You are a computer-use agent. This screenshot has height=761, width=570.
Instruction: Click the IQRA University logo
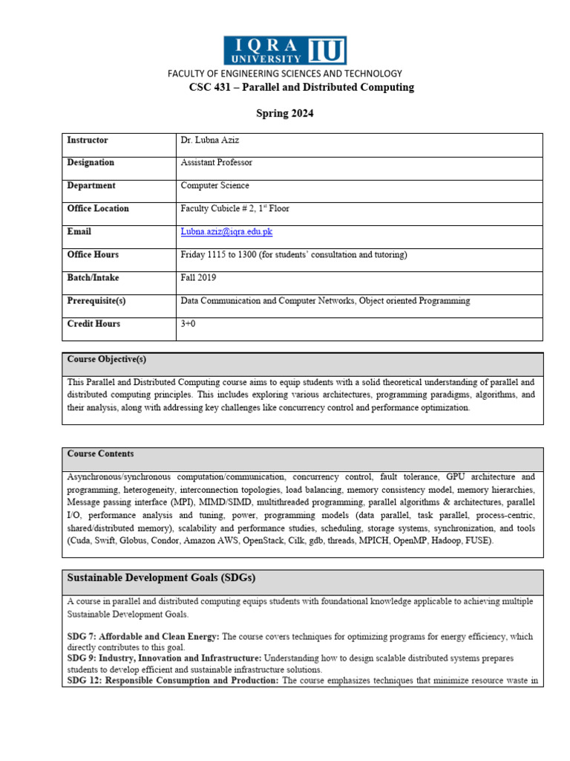(285, 51)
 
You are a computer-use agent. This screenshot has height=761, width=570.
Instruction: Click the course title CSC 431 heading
(302, 88)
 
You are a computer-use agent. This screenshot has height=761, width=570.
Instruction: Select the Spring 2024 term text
(285, 114)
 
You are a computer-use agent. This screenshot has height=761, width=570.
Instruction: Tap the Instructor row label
(88, 140)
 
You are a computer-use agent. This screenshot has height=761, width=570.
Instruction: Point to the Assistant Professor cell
(216, 163)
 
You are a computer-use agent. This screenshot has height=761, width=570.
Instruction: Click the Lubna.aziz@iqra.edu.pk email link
(226, 232)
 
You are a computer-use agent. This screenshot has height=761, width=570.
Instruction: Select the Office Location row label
(98, 209)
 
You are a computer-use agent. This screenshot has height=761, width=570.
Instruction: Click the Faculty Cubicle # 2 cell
(235, 209)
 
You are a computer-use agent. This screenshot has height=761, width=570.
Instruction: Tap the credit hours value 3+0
(191, 324)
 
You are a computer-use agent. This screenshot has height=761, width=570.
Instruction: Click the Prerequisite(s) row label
(96, 301)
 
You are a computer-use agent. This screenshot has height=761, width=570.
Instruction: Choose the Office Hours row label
(93, 255)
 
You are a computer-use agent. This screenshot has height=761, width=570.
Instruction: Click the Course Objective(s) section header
(107, 360)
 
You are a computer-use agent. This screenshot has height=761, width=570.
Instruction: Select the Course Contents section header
(101, 454)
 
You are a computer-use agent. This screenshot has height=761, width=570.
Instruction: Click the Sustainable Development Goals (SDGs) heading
(162, 577)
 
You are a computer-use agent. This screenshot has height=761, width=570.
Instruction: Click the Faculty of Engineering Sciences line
(285, 74)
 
